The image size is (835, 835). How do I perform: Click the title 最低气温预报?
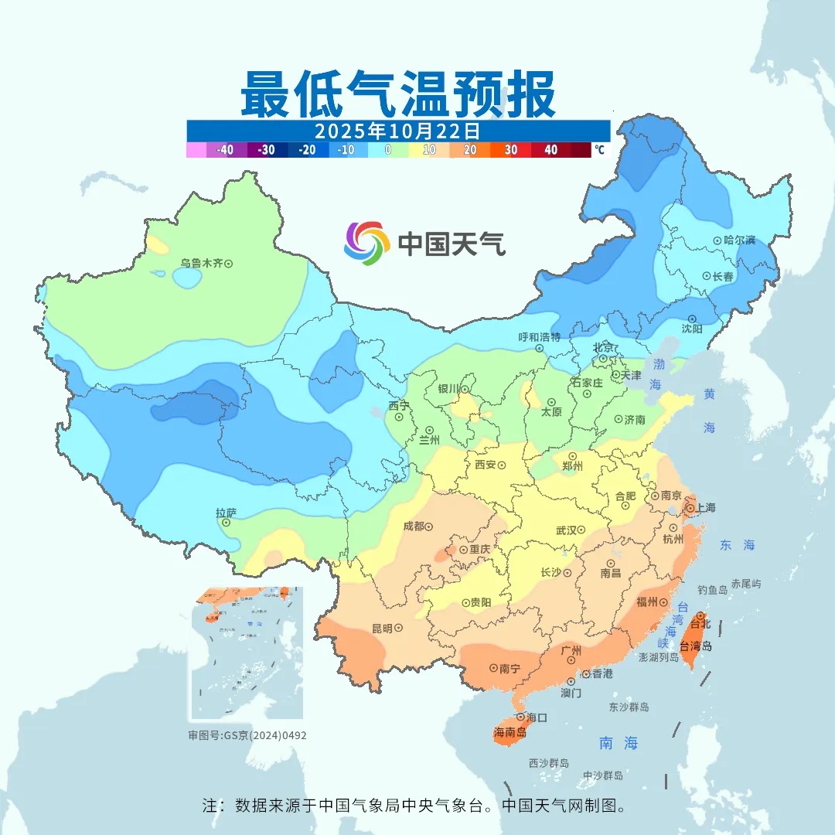pos(397,94)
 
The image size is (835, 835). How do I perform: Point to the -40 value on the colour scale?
pos(226,150)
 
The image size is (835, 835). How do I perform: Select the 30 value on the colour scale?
pos(511,150)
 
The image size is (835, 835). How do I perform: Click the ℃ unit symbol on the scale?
pos(599,149)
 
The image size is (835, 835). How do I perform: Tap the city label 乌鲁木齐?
pos(201,264)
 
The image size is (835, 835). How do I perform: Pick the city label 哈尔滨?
pos(739,240)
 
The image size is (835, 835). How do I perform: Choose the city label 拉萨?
pos(226,513)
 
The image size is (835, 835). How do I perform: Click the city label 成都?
pos(414,526)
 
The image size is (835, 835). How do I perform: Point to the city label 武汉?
pos(567,530)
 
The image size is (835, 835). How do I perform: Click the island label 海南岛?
pos(510,732)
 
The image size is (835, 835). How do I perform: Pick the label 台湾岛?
pos(696,646)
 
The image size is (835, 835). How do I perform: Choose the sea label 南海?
pos(619,743)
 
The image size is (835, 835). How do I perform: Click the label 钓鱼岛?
pos(712,590)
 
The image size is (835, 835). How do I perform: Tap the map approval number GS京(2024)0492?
pos(247,735)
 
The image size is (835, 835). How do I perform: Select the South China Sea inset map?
pos(247,653)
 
